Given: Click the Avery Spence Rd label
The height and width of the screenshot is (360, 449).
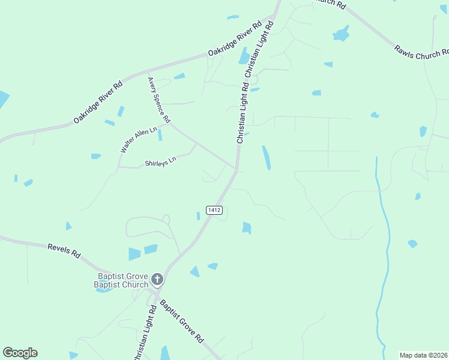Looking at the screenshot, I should [159, 99].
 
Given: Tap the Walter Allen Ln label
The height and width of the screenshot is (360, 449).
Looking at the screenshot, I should [139, 140].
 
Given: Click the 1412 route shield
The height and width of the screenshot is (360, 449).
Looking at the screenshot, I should [214, 210].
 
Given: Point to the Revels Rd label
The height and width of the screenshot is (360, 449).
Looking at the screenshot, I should [64, 249].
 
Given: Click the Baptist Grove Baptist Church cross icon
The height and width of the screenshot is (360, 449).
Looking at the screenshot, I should [157, 278].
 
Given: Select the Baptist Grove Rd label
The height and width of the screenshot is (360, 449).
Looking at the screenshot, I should [181, 322].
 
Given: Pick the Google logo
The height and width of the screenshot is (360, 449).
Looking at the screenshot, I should [20, 353].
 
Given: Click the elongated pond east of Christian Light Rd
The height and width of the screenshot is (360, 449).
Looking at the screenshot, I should [266, 157].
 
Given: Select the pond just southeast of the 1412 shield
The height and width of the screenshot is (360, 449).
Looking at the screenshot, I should [246, 227].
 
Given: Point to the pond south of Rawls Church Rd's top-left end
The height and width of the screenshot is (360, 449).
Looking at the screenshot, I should [341, 33].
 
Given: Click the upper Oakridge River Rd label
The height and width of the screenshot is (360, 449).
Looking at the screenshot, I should [235, 40].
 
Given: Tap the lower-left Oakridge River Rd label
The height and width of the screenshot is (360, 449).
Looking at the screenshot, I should [98, 103].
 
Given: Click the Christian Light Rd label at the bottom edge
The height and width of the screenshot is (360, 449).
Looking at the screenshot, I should [144, 336].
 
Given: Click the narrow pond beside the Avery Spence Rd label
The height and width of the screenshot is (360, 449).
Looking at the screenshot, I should [160, 134].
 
